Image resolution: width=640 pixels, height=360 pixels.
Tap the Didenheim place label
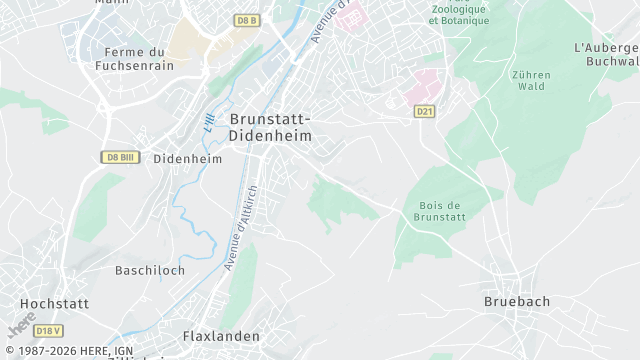[x=188, y=158]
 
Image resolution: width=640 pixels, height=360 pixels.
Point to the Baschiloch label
[x=150, y=271]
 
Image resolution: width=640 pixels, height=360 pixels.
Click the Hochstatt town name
[x=54, y=303]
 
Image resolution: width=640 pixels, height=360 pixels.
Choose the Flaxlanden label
[x=221, y=336]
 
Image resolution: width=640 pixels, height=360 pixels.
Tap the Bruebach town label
[x=517, y=301]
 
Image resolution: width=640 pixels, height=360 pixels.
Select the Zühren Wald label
[x=532, y=80]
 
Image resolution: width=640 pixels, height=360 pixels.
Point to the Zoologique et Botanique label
[x=459, y=14]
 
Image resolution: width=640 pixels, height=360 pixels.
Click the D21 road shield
[x=425, y=111]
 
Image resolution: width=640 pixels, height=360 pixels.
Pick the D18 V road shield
[x=48, y=330]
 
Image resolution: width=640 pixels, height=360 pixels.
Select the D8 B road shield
[x=246, y=20]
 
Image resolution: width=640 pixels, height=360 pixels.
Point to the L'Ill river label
[x=208, y=123]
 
